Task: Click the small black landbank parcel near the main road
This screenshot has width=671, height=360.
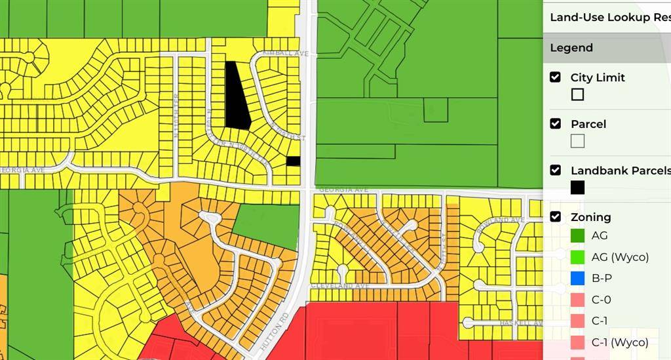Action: pos(294,161)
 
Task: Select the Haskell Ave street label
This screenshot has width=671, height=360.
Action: pos(522,323)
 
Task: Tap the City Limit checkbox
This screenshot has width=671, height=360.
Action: pos(555,77)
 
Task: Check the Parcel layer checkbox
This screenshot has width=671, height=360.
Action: pos(555,124)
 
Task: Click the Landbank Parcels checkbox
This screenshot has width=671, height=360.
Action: pos(555,170)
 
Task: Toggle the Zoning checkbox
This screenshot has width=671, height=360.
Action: pos(555,217)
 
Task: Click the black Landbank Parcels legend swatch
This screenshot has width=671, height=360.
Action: pos(577,188)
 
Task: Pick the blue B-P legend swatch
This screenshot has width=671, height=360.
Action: pos(577,278)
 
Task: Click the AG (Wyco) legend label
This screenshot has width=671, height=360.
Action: pos(620,257)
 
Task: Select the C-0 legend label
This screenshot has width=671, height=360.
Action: pos(601,300)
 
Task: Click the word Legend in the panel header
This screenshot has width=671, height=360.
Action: pos(571,48)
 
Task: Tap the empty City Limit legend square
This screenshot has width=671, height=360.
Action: pos(577,94)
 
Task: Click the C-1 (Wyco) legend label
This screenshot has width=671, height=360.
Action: pos(620,342)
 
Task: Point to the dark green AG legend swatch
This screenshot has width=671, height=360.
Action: pos(577,235)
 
